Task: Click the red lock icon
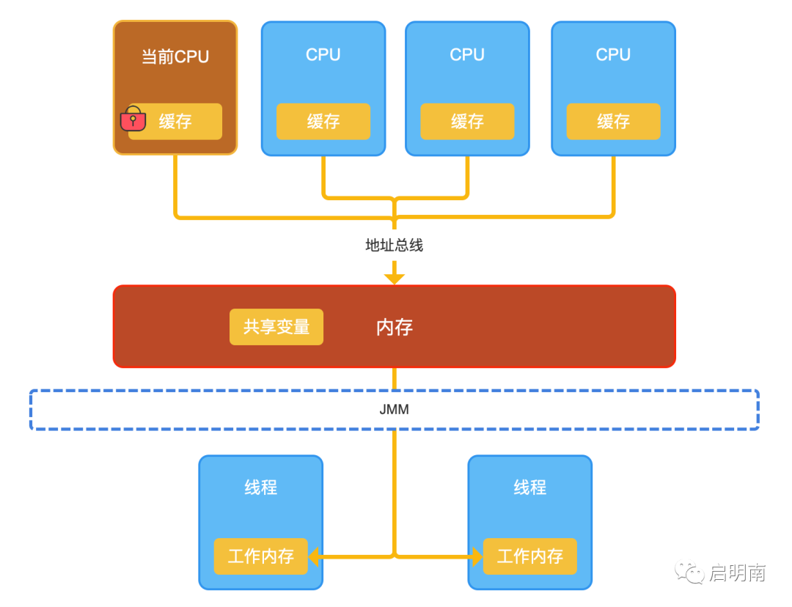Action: pos(133,119)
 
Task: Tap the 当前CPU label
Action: pos(175,56)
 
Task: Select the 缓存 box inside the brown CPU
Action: pos(175,121)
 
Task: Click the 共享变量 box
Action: pos(276,327)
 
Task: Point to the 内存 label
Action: pos(395,327)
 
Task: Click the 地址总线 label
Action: pos(394,246)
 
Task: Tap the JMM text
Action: pos(394,409)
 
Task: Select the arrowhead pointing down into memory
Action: pos(394,279)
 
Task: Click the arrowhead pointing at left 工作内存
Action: pos(314,556)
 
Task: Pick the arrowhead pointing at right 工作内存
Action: pos(477,556)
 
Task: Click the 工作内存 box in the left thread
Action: pos(260,556)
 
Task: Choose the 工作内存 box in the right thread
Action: pos(530,556)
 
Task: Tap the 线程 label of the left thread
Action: pos(260,488)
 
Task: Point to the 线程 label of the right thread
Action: pos(530,488)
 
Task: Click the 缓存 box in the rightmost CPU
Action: pos(613,121)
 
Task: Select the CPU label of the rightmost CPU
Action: pos(613,54)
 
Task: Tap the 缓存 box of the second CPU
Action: pos(323,121)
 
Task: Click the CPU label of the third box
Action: pos(467,54)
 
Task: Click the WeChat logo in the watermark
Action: pos(689,572)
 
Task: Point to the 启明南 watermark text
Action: pos(738,573)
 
